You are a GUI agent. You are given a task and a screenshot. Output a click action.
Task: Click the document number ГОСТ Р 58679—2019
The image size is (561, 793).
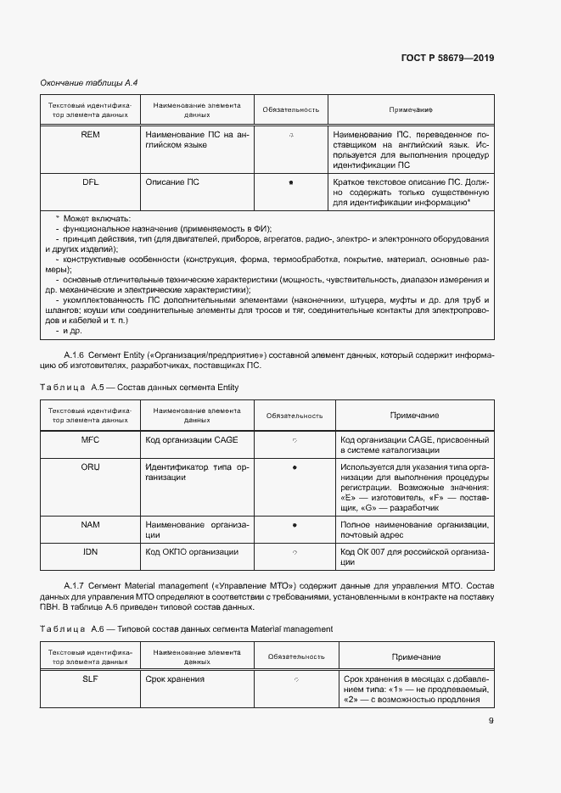click(446, 59)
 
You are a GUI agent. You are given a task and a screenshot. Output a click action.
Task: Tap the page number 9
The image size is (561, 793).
click(491, 721)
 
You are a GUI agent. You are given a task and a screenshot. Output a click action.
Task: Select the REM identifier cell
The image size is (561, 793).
click(90, 135)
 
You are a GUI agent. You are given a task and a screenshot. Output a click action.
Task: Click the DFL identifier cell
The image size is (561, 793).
click(90, 182)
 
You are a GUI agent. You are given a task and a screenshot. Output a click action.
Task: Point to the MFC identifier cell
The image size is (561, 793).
click(90, 440)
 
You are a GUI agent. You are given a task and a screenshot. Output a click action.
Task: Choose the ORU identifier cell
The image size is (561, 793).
click(90, 467)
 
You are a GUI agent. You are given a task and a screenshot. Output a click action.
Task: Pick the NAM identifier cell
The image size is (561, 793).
click(90, 525)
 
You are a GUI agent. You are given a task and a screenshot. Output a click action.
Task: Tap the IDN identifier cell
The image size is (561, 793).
click(90, 552)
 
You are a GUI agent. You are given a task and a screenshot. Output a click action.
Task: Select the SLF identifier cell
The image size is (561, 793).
click(90, 679)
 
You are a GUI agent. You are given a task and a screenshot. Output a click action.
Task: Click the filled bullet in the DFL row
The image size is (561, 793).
click(291, 182)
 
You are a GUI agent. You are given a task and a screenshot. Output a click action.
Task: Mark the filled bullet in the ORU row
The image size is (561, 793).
click(294, 467)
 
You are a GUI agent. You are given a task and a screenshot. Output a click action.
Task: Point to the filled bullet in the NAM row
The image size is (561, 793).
click(294, 525)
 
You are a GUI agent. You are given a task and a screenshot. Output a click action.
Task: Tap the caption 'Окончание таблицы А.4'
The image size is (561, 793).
click(89, 82)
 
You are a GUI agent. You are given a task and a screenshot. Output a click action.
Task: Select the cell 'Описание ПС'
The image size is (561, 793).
click(172, 182)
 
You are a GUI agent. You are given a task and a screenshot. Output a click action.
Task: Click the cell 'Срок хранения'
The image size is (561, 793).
click(175, 679)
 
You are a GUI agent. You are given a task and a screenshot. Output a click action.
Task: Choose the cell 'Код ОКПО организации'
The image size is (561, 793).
click(191, 552)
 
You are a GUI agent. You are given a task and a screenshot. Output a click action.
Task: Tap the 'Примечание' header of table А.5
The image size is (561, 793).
click(414, 415)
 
